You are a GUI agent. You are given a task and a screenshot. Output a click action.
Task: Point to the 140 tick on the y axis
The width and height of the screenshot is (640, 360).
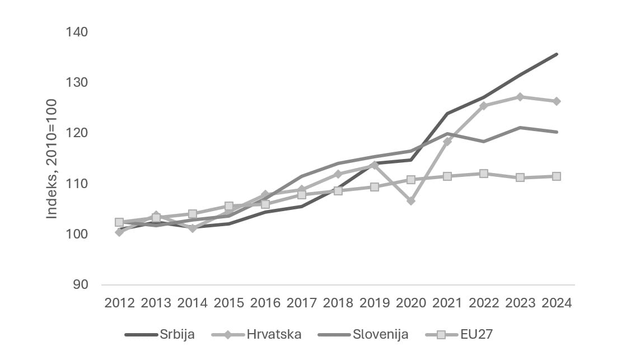[x=77, y=32]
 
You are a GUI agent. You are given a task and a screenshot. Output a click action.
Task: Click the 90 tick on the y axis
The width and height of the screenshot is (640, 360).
[x=81, y=284]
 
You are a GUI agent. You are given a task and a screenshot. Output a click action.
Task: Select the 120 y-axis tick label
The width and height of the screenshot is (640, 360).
[x=77, y=133]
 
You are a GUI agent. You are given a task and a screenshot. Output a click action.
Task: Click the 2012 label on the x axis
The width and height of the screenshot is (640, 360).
[x=119, y=303]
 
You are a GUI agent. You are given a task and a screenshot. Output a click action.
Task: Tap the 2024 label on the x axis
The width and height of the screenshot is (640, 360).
[x=557, y=303]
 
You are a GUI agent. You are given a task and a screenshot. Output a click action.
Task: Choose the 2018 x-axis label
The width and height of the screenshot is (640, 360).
[x=338, y=303]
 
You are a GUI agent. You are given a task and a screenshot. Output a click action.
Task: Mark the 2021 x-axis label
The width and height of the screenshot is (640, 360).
[x=447, y=303]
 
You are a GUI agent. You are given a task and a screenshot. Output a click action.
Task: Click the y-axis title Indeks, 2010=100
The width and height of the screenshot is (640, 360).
[x=52, y=158]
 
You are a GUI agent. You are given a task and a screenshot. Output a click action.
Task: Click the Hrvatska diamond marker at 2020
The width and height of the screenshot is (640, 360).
[x=411, y=200]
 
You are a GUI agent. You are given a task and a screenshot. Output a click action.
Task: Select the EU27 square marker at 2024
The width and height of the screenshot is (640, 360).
[x=557, y=176]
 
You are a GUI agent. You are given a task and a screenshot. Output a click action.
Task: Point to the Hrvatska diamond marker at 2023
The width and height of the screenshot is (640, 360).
[x=520, y=97]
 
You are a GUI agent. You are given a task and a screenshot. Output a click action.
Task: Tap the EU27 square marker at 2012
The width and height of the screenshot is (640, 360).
[x=119, y=222]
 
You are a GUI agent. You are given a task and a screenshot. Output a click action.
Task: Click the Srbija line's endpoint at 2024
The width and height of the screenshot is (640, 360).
[x=557, y=54]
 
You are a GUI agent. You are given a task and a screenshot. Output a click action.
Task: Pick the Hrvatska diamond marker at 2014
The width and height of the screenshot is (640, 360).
[x=192, y=228]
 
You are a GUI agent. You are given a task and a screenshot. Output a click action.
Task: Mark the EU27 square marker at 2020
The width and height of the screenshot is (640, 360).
[x=411, y=180]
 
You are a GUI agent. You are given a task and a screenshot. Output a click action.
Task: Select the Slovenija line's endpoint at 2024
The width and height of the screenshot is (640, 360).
[x=557, y=132]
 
